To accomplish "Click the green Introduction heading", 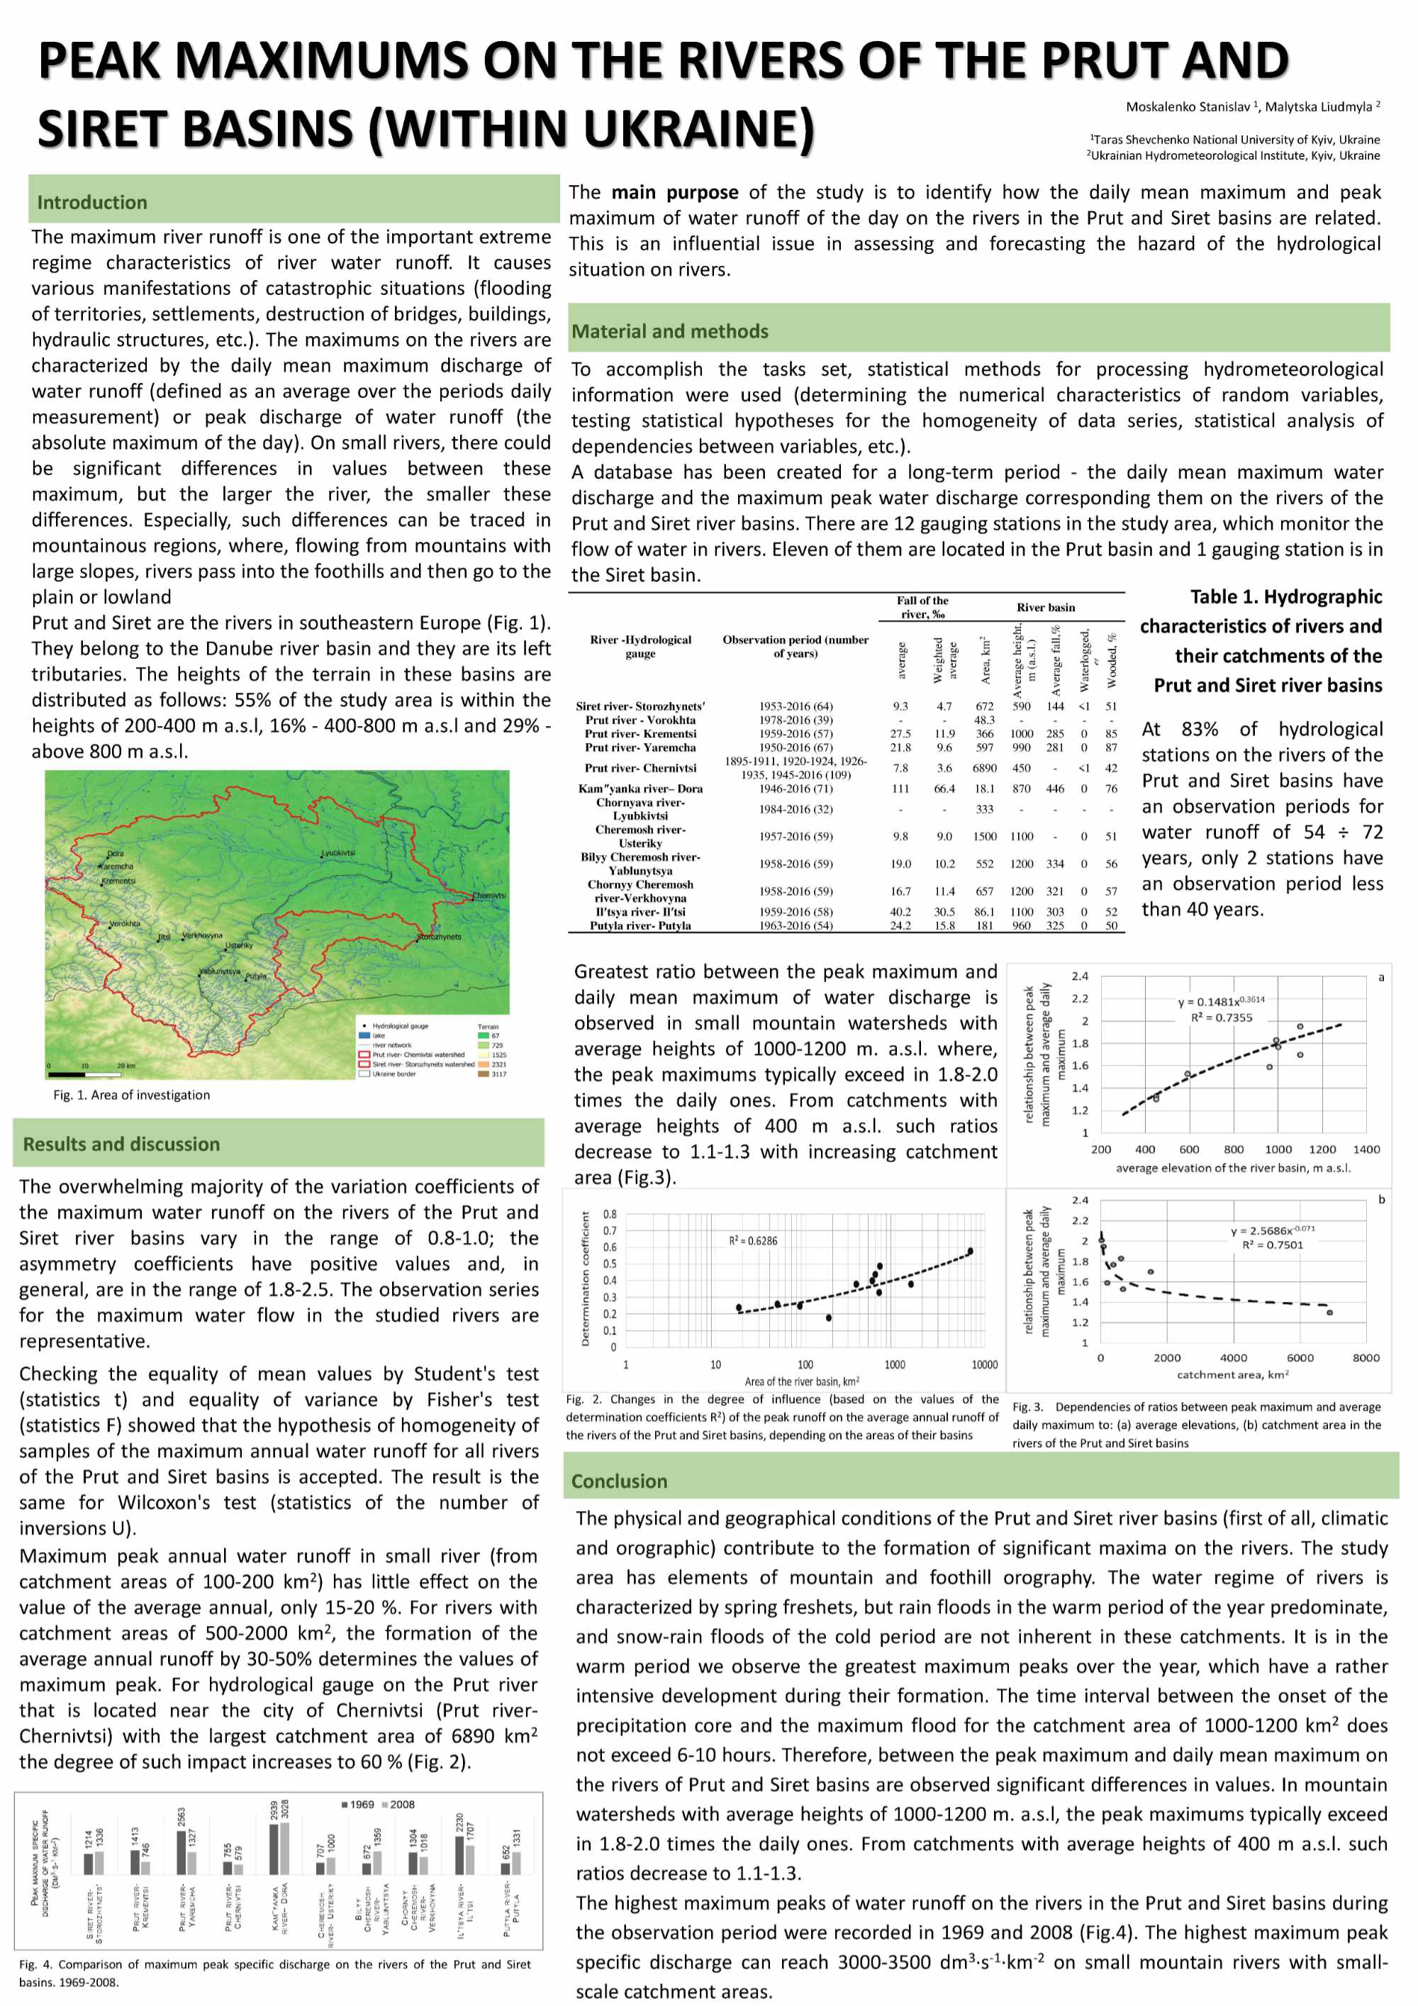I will pos(91,203).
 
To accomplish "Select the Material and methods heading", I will pos(669,331).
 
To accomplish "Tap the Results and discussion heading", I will pos(121,1144).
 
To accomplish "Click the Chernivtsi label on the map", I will pos(489,896).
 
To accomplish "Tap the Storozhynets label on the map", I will pos(440,937).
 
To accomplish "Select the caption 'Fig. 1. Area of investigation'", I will pos(131,1095).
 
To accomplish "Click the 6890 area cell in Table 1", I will pos(985,768).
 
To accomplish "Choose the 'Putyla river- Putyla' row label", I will pos(640,926).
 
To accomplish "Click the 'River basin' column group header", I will pos(1045,607).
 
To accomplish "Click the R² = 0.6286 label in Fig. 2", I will pos(752,1241).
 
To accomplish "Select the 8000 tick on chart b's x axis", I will pos(1366,1358).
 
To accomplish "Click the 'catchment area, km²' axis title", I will pos(1232,1374).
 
